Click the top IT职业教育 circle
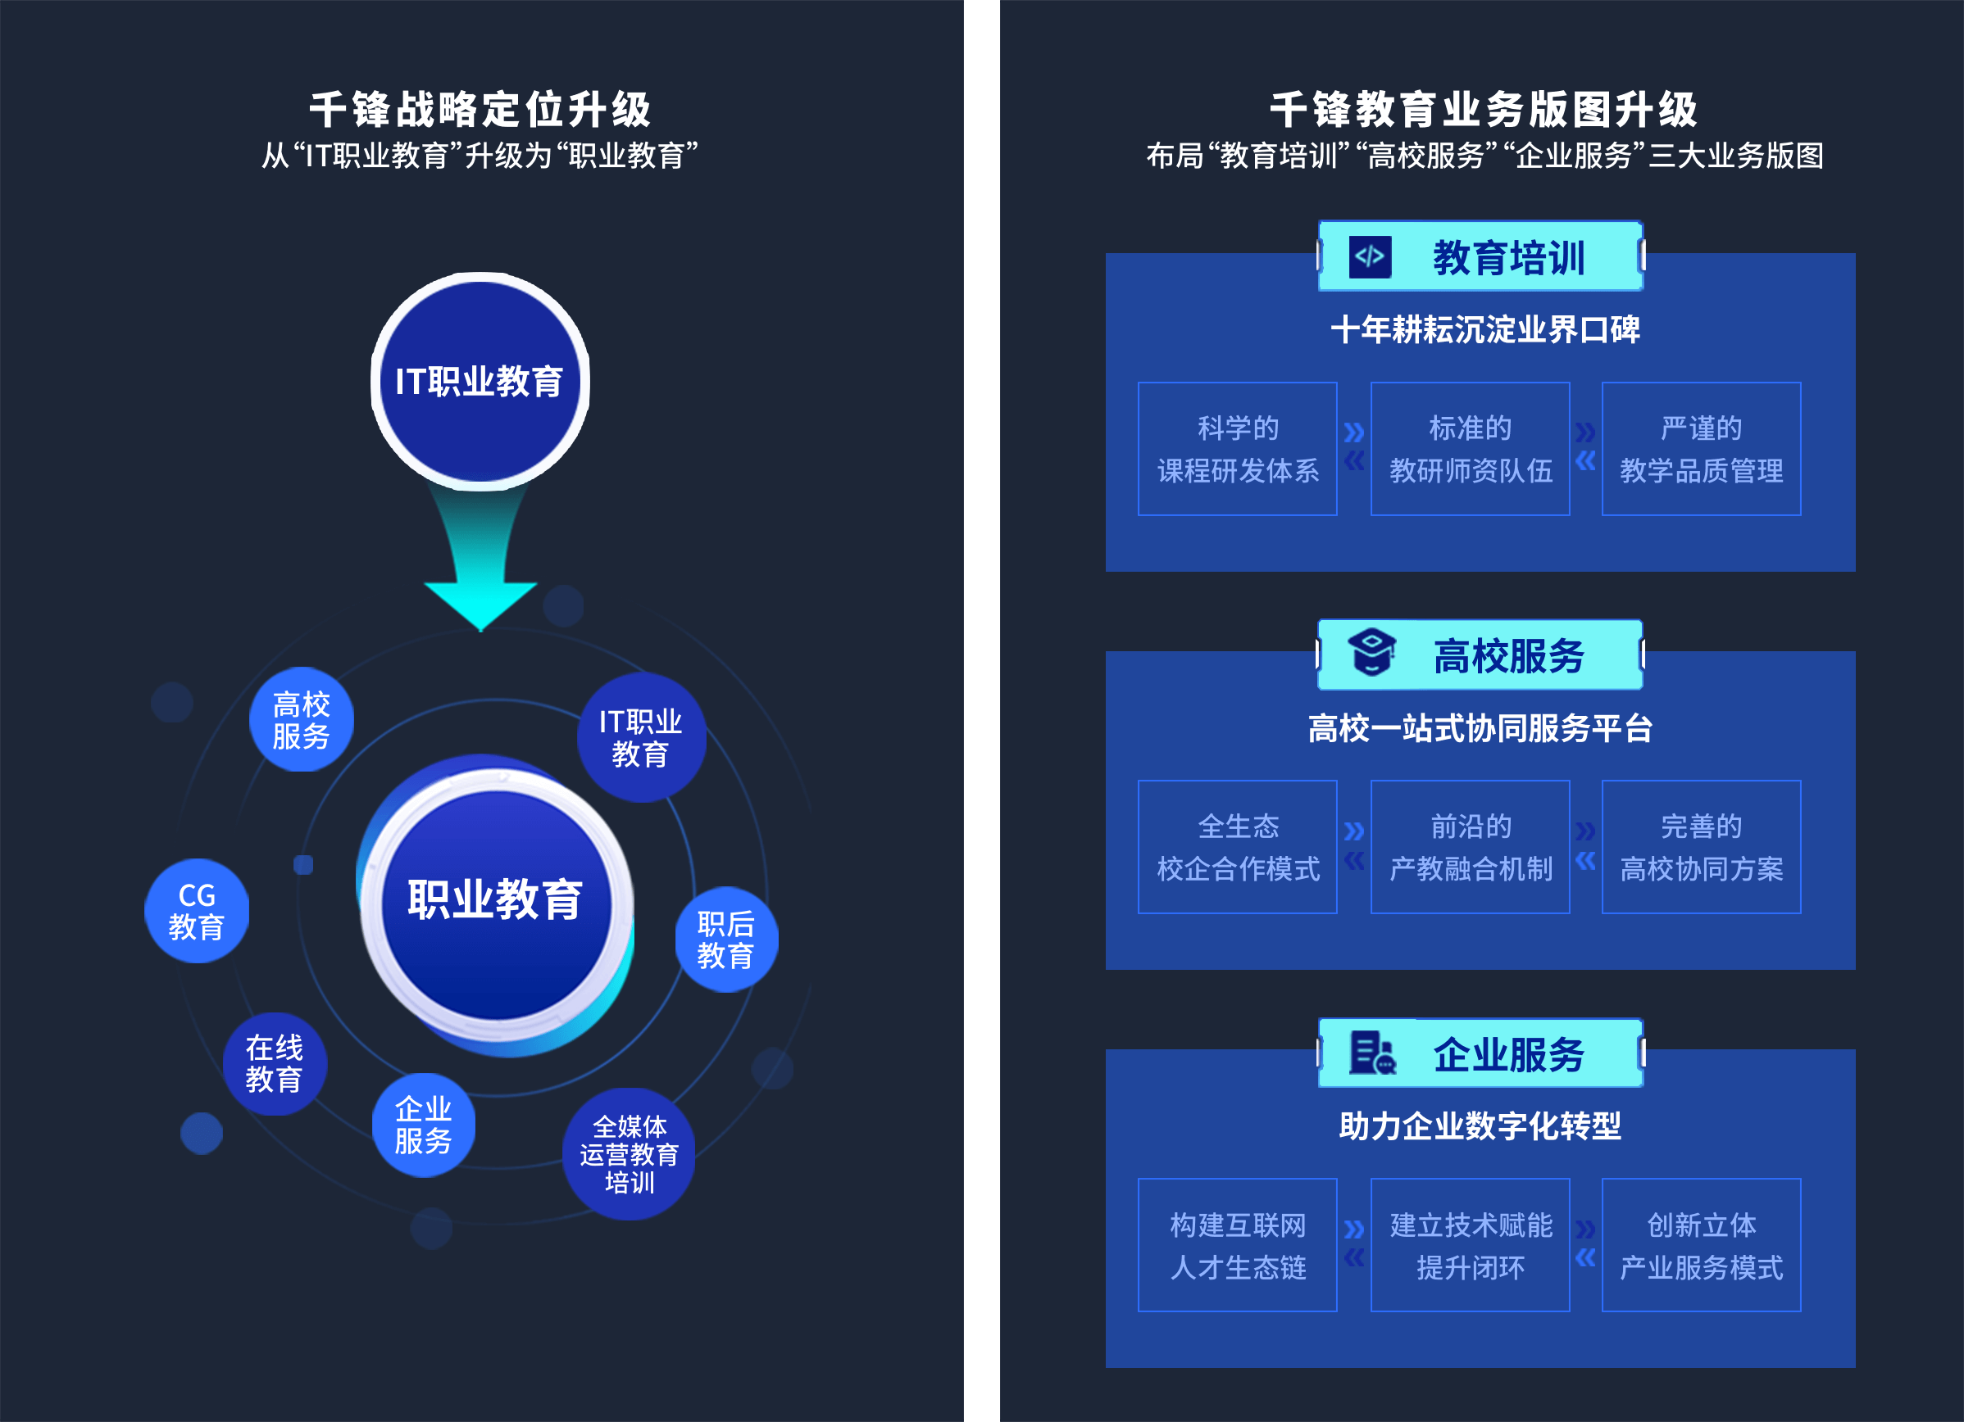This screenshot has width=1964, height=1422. point(480,381)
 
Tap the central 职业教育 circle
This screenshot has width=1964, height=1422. point(496,903)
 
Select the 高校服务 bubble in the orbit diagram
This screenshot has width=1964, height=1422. point(302,719)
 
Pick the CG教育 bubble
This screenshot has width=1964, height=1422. point(197,911)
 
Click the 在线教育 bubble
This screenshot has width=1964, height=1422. point(275,1064)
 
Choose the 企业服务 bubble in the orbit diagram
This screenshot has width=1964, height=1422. point(424,1125)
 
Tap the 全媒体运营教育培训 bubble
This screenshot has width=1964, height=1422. point(629,1153)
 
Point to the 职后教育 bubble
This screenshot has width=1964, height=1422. point(725,939)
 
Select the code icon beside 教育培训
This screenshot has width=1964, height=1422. point(1370,257)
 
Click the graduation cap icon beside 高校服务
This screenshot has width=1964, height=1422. point(1371,654)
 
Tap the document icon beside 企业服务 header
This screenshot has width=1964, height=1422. point(1371,1053)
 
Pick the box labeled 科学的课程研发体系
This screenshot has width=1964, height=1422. point(1238,449)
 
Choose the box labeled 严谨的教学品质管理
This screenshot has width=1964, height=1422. point(1701,449)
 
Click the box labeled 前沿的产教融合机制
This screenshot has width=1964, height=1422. point(1470,847)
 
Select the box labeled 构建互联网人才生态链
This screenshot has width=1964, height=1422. point(1238,1245)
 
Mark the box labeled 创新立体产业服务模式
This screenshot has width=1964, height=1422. point(1701,1245)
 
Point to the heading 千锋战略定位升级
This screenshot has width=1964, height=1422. point(480,110)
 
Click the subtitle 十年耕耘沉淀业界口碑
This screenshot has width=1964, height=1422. point(1484,330)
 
